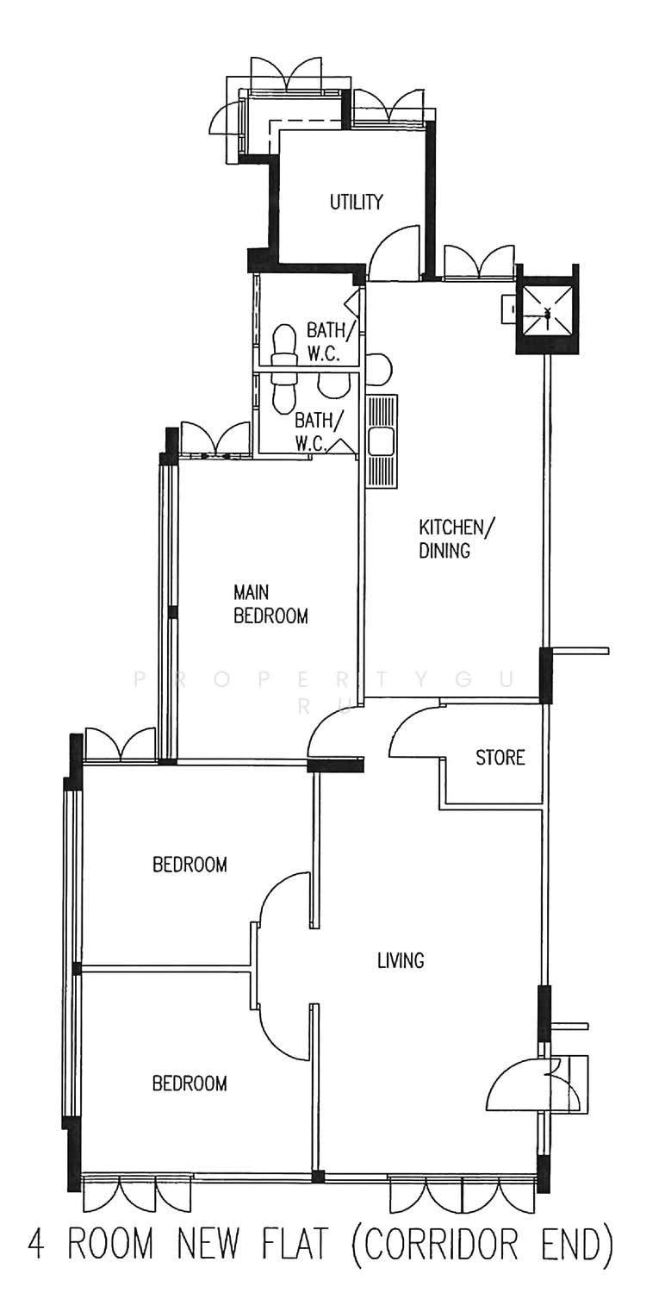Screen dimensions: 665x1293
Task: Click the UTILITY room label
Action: (x=356, y=202)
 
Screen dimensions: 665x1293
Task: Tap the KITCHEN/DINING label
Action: (x=456, y=539)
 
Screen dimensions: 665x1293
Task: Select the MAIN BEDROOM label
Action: (x=270, y=604)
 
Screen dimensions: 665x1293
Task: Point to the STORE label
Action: (x=500, y=757)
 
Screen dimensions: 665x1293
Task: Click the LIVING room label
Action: (x=401, y=960)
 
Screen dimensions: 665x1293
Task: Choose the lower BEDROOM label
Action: (x=190, y=1084)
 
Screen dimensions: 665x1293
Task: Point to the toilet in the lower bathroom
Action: (x=283, y=392)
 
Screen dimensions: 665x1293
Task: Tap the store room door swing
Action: (x=414, y=731)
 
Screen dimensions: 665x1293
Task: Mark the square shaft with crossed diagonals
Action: (x=546, y=313)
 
